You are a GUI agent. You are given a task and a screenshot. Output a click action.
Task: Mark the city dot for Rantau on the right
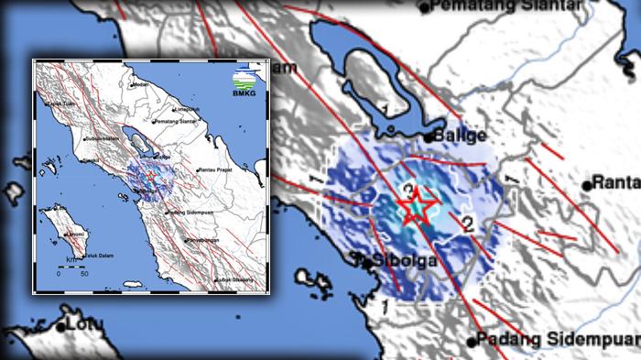point(588,183)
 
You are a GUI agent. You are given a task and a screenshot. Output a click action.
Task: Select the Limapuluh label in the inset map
point(188,109)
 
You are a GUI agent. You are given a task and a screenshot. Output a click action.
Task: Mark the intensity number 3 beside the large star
point(407,190)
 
